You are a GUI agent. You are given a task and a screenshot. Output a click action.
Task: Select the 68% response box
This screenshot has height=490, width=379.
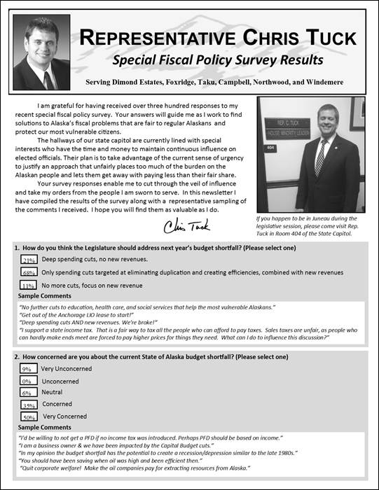tap(29, 272)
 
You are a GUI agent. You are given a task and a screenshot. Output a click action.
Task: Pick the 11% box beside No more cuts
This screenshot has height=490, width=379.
tap(29, 286)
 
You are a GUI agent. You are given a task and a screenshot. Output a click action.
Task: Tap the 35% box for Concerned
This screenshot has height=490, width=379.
tap(29, 405)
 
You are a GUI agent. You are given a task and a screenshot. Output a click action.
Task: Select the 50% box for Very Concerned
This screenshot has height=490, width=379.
tap(29, 417)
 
